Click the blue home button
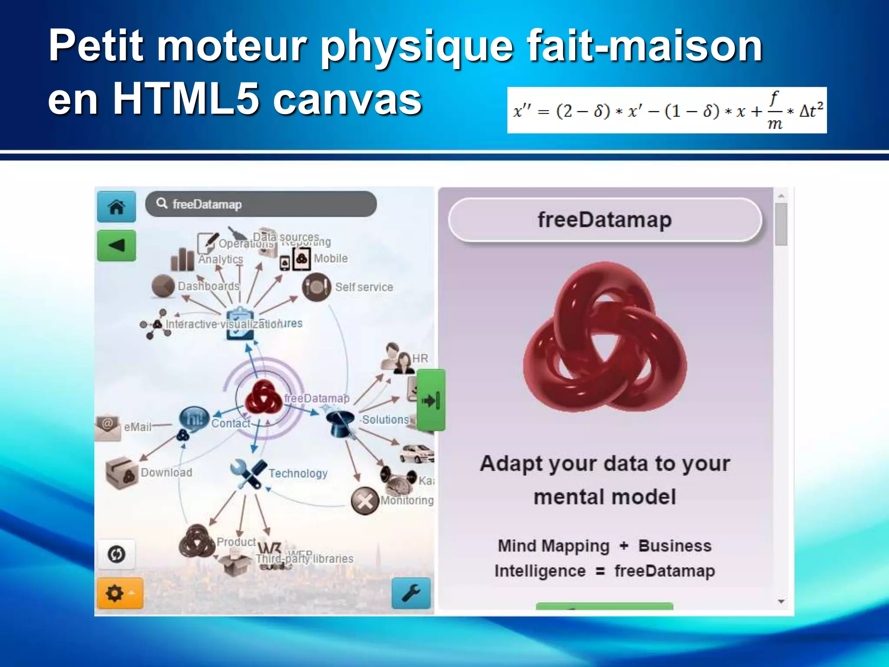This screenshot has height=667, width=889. (x=116, y=207)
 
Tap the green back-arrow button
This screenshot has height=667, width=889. (x=116, y=246)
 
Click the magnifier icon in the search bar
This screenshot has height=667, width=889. (x=162, y=203)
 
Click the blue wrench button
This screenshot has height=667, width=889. (x=411, y=593)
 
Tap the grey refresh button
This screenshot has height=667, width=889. (x=116, y=554)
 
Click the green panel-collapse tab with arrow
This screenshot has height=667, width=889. (x=431, y=400)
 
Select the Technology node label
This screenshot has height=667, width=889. (x=298, y=473)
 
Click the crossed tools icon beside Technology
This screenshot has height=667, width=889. (x=248, y=474)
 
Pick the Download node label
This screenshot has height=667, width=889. (x=166, y=472)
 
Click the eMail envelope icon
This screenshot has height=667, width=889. (x=107, y=427)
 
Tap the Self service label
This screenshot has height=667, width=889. (x=364, y=287)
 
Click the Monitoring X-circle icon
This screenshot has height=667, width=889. (x=365, y=501)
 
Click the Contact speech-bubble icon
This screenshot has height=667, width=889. (x=194, y=419)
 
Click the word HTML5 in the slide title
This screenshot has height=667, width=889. (x=186, y=99)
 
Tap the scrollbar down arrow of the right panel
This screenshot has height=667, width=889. (x=781, y=601)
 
